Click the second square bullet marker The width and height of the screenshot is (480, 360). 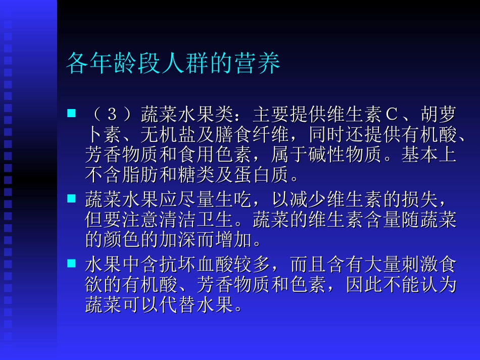coord(71,198)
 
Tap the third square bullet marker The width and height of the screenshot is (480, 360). coord(71,263)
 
